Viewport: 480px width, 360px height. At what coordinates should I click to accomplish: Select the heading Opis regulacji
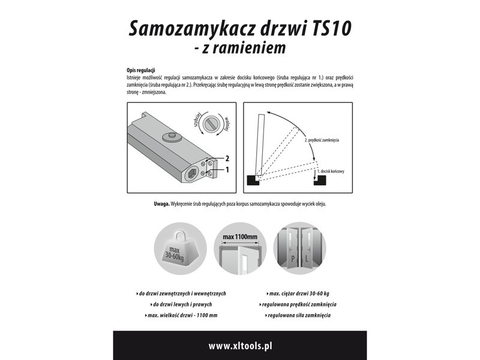[x=141, y=71]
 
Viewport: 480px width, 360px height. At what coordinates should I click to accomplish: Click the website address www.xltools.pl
[x=240, y=346]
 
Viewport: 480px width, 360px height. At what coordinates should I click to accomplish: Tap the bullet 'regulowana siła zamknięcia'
[x=298, y=315]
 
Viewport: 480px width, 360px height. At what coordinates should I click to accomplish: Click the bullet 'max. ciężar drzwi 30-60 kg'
[x=299, y=294]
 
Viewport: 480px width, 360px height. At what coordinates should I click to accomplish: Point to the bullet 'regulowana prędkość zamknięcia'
[x=299, y=304]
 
